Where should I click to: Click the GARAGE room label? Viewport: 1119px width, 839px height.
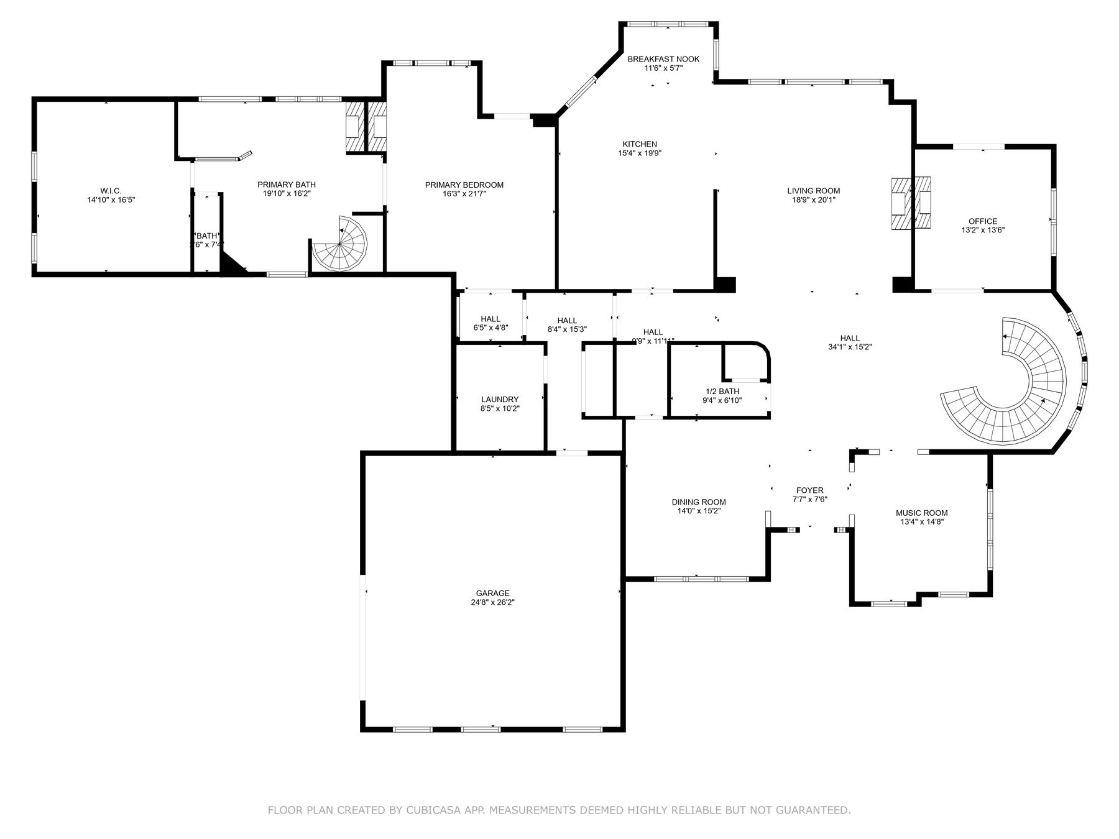[x=492, y=593]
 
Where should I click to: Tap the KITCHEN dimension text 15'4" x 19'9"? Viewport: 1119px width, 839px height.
[x=640, y=153]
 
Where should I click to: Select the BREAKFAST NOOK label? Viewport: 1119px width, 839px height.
[x=663, y=59]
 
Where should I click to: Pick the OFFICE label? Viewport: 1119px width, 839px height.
[x=982, y=221]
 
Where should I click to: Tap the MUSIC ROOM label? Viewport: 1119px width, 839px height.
[x=921, y=513]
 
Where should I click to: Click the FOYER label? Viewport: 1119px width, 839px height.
[x=809, y=490]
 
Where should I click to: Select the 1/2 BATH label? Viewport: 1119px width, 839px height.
[x=722, y=391]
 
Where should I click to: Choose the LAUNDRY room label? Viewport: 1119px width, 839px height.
[x=499, y=400]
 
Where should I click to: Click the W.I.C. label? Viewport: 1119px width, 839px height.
[x=111, y=190]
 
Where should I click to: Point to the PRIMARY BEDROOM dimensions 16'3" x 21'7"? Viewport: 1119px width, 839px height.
[x=464, y=194]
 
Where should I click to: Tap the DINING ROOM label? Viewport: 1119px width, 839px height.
[x=698, y=502]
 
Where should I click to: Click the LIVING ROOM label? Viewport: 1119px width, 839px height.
[x=813, y=191]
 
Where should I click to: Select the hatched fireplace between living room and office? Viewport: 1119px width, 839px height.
[x=911, y=204]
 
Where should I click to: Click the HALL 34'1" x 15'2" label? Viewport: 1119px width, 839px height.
[x=850, y=338]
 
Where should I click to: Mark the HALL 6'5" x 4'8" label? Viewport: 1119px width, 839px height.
[x=490, y=319]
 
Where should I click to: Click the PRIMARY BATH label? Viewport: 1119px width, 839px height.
[x=287, y=185]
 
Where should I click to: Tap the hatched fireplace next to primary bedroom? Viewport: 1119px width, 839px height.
[x=366, y=126]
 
